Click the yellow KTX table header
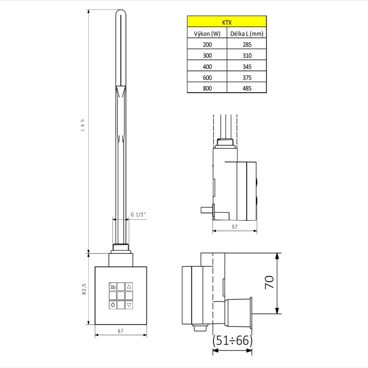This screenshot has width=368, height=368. pyautogui.click(x=227, y=21)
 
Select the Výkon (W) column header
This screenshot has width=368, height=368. pyautogui.click(x=207, y=34)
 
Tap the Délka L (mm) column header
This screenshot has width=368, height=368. pyautogui.click(x=247, y=34)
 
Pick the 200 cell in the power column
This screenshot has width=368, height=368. pyautogui.click(x=207, y=45)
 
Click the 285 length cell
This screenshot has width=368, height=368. pyautogui.click(x=247, y=45)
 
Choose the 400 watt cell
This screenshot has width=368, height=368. pyautogui.click(x=207, y=67)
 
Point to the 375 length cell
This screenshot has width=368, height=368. pyautogui.click(x=247, y=78)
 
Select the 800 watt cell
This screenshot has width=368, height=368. pyautogui.click(x=207, y=88)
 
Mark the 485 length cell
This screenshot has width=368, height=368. pyautogui.click(x=247, y=88)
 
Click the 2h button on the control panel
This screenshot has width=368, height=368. pyautogui.click(x=113, y=287)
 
